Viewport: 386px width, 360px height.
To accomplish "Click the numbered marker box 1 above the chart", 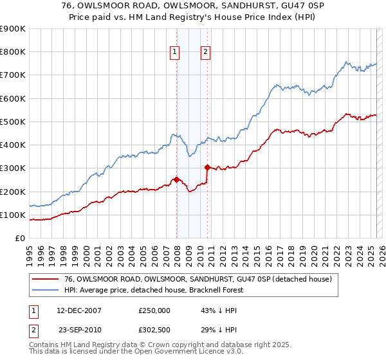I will pos(174,53).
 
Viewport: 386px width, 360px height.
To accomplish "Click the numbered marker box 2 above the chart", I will pos(205,53).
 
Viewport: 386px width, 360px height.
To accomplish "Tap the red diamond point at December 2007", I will pos(176,180).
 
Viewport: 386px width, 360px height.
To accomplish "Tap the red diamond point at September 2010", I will pos(207,168).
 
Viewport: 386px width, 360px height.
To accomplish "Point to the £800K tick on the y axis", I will pos(13,52).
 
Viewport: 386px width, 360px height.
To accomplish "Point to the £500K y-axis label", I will pos(13,122).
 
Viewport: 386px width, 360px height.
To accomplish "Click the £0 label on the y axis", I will pos(19,238).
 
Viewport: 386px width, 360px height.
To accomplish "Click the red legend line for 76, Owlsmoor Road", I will pos(45,279).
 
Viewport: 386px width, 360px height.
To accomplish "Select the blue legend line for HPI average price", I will pos(45,290).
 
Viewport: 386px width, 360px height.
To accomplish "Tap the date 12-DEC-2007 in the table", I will pos(79,310).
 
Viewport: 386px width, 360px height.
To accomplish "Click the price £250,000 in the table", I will pos(154,310).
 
